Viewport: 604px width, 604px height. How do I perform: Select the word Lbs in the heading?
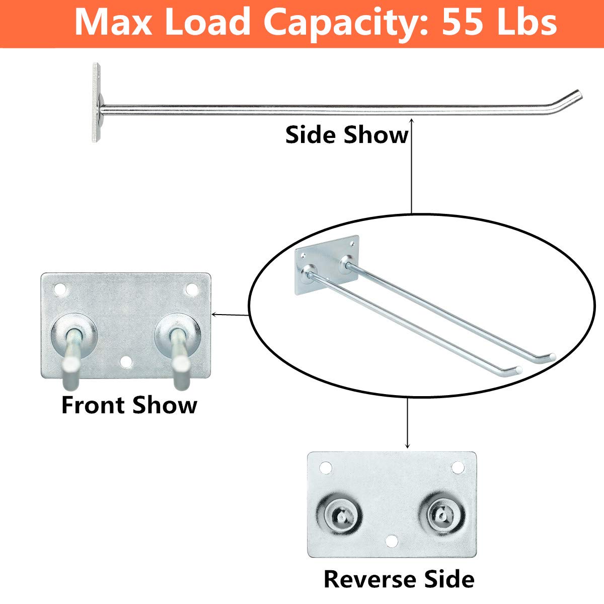click(x=530, y=23)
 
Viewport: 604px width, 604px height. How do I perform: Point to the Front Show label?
click(x=129, y=405)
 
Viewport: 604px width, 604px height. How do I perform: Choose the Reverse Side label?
click(x=399, y=579)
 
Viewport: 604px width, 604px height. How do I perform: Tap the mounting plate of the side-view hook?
click(x=97, y=102)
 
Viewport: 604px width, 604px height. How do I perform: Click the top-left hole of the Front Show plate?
click(x=60, y=289)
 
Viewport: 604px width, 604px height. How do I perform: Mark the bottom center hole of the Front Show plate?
click(x=126, y=362)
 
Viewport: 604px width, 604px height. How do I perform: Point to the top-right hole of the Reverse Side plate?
click(x=458, y=468)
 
